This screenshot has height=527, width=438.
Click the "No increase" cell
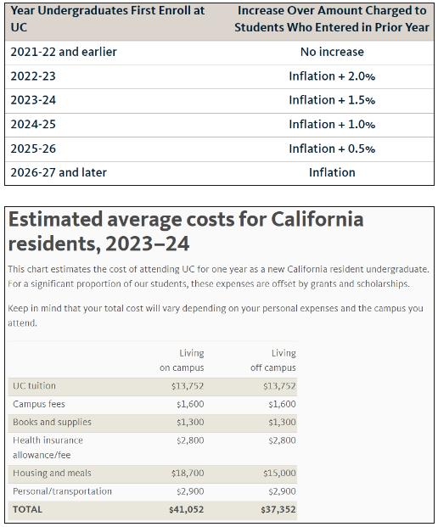(332, 52)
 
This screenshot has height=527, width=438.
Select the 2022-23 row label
(33, 76)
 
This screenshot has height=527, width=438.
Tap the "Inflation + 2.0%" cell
(332, 76)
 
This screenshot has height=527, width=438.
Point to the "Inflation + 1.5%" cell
(332, 100)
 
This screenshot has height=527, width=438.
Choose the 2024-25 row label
(33, 125)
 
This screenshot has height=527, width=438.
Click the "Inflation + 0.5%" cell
(332, 149)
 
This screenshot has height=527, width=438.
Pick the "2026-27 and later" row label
(59, 172)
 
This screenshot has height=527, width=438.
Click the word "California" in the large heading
(317, 220)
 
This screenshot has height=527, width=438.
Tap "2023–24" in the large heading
(147, 244)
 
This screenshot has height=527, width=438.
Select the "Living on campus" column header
(182, 361)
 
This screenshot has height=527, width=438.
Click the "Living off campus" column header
(273, 361)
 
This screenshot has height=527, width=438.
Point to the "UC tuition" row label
(34, 386)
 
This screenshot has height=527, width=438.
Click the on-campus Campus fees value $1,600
(190, 404)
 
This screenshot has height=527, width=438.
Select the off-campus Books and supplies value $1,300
(282, 422)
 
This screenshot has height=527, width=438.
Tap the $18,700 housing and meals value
(188, 474)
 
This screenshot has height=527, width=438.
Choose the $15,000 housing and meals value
(279, 474)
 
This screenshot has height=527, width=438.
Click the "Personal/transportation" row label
(62, 491)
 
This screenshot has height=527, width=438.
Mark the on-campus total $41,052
(187, 509)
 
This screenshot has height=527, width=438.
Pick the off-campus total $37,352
(278, 509)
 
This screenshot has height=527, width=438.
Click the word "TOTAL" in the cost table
(27, 509)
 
